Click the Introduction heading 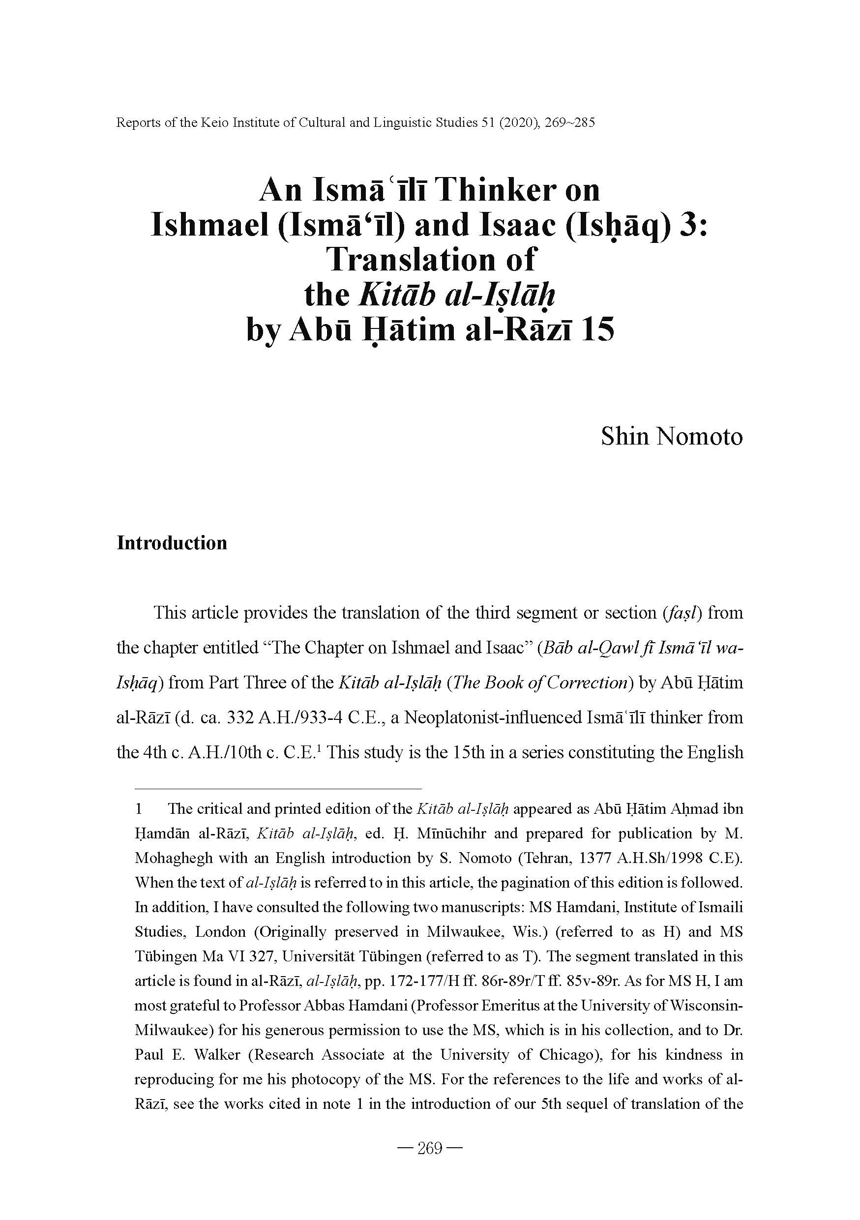coord(172,543)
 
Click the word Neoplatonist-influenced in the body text coord(492,718)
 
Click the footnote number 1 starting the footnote coord(139,809)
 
